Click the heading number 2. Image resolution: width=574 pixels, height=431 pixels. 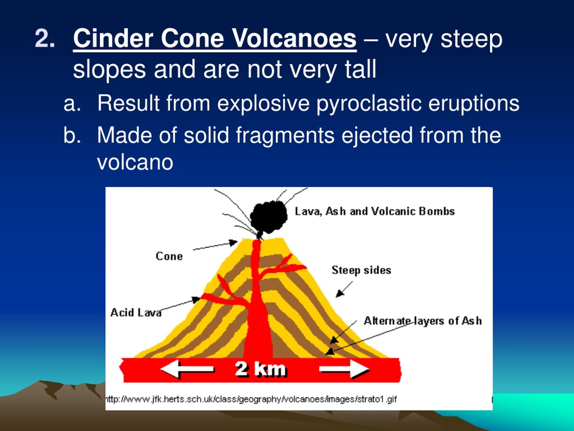pyautogui.click(x=45, y=38)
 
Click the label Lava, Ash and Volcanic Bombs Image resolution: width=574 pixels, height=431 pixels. pyautogui.click(x=375, y=211)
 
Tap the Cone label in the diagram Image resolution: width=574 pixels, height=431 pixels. pyautogui.click(x=169, y=256)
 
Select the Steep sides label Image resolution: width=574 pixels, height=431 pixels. pyautogui.click(x=361, y=270)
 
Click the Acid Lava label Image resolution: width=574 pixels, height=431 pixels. pyautogui.click(x=136, y=312)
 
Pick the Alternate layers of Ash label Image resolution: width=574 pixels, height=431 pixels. pyautogui.click(x=423, y=321)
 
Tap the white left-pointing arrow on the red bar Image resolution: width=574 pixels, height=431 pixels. pyautogui.click(x=187, y=369)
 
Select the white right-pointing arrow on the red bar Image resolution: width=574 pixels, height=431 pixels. pyautogui.click(x=344, y=369)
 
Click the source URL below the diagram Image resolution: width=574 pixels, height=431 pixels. pyautogui.click(x=251, y=399)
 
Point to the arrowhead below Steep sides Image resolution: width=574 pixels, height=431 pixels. pyautogui.click(x=340, y=294)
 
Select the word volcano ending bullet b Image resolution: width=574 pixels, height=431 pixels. pyautogui.click(x=135, y=162)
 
